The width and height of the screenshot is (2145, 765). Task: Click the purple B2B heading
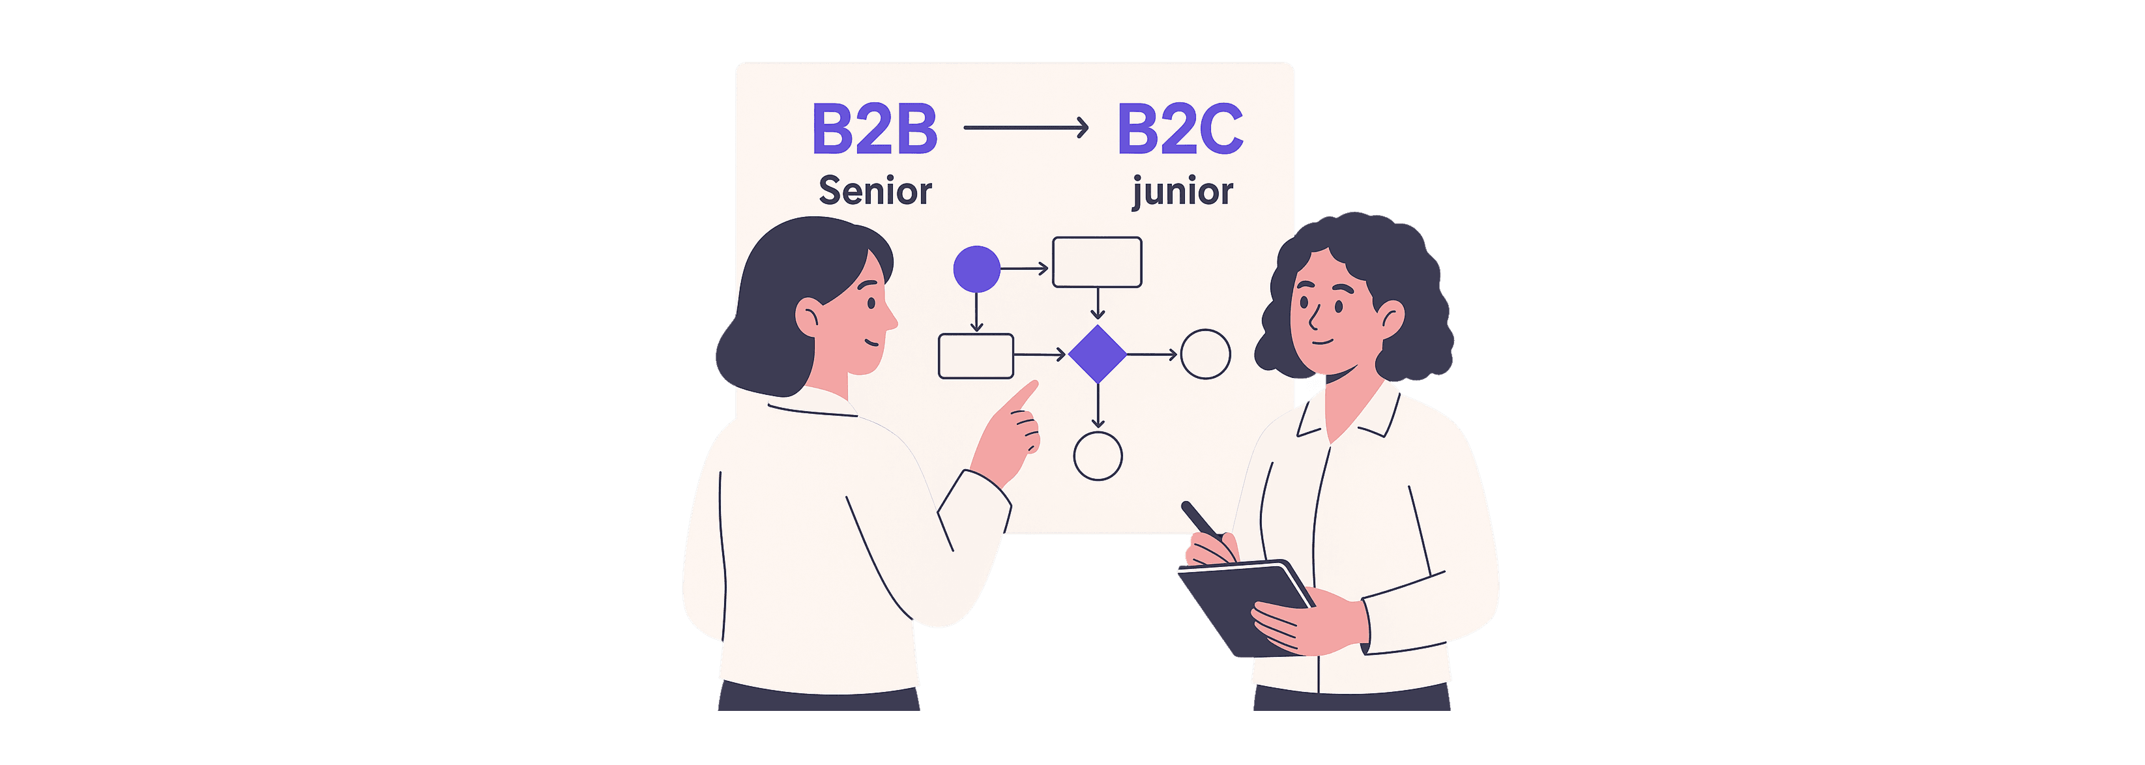coord(874,129)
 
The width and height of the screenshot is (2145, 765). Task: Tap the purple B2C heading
coord(1180,129)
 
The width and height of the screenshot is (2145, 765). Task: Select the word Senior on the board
coord(874,191)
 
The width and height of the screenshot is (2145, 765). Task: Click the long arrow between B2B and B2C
coord(1026,127)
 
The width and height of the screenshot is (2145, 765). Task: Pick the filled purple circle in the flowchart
coord(976,269)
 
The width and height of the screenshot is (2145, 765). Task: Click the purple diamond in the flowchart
coord(1098,354)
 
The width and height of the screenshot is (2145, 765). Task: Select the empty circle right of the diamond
coord(1206,354)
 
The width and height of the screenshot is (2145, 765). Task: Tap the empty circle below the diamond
coord(1098,456)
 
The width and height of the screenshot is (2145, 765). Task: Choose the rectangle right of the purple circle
coord(1097,262)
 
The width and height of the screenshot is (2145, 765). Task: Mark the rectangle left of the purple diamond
coord(976,356)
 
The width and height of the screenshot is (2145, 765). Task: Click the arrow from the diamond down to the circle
coord(1098,405)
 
